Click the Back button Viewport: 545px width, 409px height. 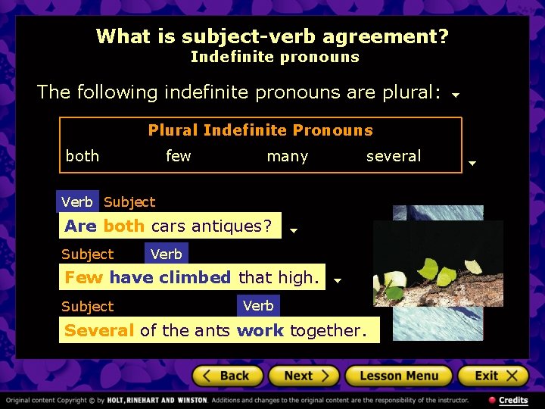(228, 376)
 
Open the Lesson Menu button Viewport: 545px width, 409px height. (398, 376)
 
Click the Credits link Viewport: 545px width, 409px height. (509, 400)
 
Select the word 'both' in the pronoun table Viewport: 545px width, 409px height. (83, 156)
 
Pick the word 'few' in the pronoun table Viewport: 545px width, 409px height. (179, 156)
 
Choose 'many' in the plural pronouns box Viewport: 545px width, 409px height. (288, 157)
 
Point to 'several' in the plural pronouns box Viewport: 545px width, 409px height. (394, 156)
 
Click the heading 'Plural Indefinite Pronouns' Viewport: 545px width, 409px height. (260, 130)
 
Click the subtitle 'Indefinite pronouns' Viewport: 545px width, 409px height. (275, 57)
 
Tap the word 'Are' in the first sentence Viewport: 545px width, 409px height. (80, 226)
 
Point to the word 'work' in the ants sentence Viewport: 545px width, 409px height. (260, 330)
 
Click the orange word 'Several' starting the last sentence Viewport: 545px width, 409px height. (99, 330)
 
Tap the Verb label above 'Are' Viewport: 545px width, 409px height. (77, 201)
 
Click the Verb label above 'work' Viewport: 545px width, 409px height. (258, 305)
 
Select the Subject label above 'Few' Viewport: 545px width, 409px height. (87, 254)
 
